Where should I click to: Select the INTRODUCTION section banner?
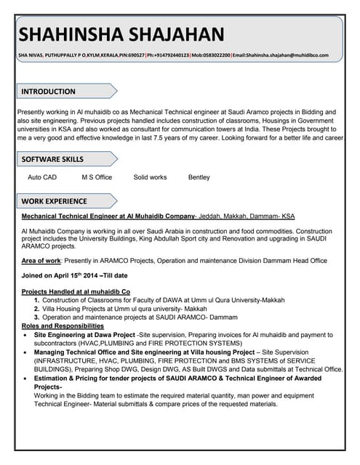tap(48, 92)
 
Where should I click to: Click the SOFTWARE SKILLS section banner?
tap(52, 159)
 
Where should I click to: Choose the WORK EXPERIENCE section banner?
tap(54, 201)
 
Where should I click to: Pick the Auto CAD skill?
tap(42, 177)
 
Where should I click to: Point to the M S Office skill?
tap(97, 177)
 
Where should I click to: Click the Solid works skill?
tap(150, 177)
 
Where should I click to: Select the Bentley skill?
tap(199, 177)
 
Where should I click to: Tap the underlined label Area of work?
tap(41, 260)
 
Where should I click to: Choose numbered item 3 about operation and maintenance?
tap(140, 318)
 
